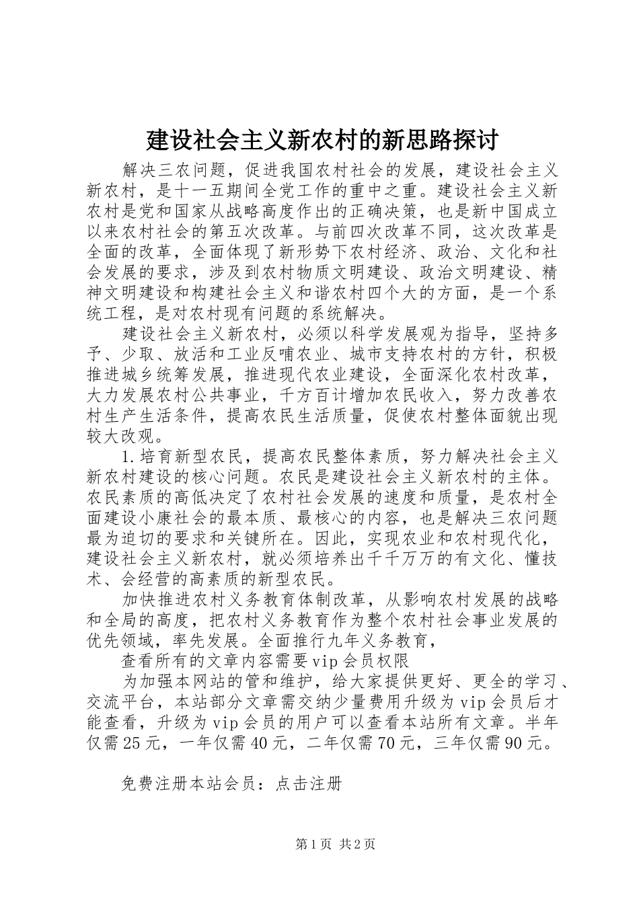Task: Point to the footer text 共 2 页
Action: pyautogui.click(x=357, y=845)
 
